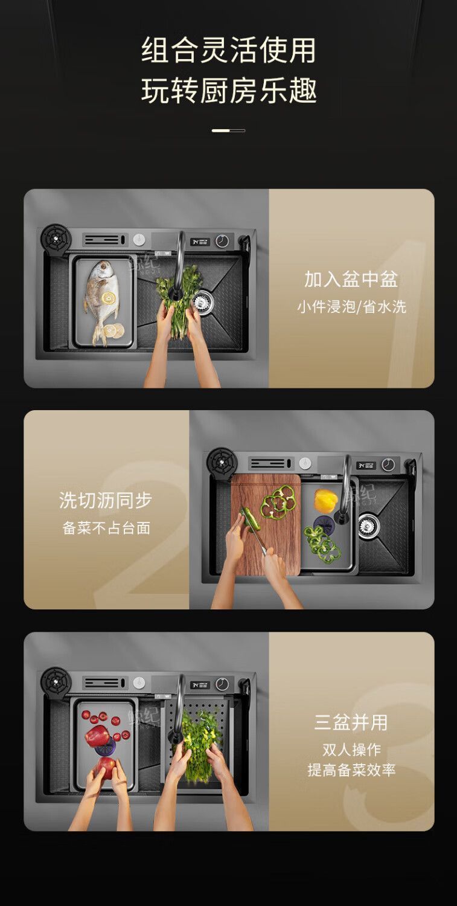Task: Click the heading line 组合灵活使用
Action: pos(228,51)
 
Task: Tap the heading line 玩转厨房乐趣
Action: pos(228,91)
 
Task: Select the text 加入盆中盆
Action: pos(351,279)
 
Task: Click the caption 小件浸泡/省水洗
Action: pos(351,307)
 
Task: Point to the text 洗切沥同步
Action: pos(106,500)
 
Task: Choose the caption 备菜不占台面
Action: pos(106,528)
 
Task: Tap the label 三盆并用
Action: pos(351,722)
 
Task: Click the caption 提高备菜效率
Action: pos(351,770)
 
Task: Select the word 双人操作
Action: pos(351,750)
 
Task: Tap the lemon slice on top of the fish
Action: pos(109,297)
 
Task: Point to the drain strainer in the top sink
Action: pos(203,300)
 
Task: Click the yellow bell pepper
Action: pos(325,500)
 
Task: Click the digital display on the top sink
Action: pos(200,242)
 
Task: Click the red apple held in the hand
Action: pos(106,767)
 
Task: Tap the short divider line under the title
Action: pos(228,130)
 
